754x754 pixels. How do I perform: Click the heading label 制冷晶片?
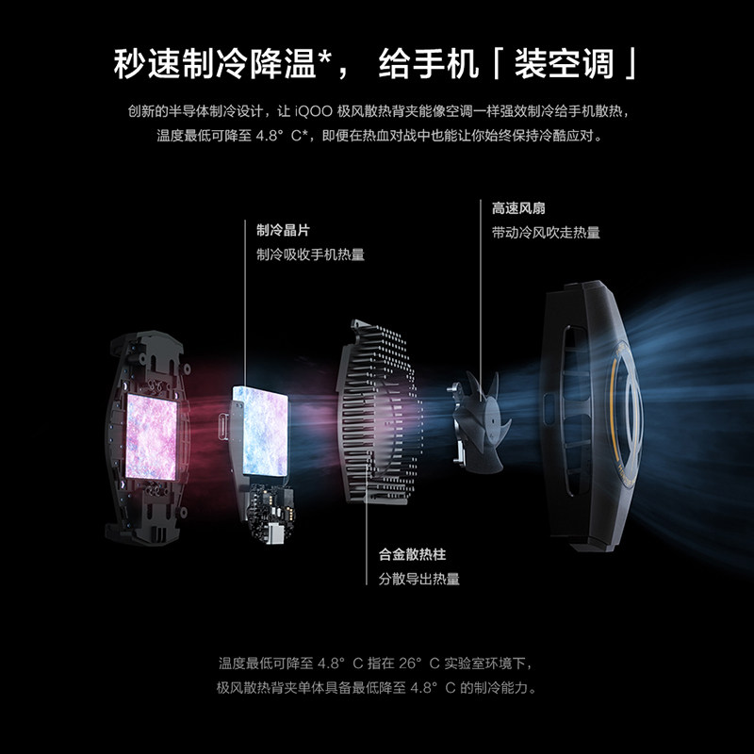click(283, 228)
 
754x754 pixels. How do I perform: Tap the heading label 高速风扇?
click(517, 206)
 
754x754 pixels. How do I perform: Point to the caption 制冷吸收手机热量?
click(310, 254)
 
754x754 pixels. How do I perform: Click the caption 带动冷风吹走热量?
click(546, 232)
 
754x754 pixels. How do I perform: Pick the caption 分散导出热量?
click(418, 579)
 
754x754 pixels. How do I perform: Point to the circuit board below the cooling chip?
click(269, 509)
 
